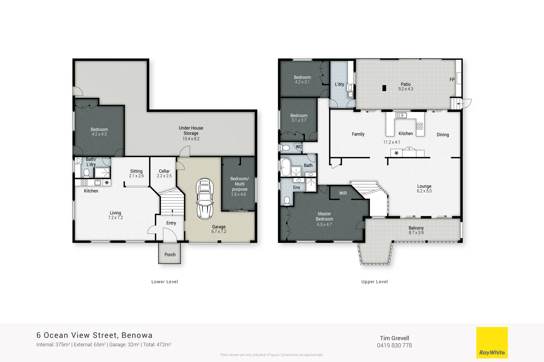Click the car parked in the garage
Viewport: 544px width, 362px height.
pyautogui.click(x=205, y=199)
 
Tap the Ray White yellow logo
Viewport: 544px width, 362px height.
pyautogui.click(x=492, y=343)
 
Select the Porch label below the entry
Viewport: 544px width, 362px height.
pyautogui.click(x=170, y=255)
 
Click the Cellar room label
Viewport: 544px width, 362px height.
pyautogui.click(x=164, y=171)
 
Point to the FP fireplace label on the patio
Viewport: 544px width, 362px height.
pyautogui.click(x=452, y=80)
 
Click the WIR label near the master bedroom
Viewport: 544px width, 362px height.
pyautogui.click(x=343, y=193)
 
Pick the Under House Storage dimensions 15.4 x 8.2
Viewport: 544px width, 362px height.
pyautogui.click(x=191, y=139)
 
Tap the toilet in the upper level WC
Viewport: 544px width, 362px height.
pyautogui.click(x=286, y=147)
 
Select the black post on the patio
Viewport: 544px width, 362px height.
pyautogui.click(x=384, y=88)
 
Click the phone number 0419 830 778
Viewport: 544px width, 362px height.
pyautogui.click(x=394, y=346)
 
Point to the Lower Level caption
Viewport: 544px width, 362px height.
pyautogui.click(x=165, y=282)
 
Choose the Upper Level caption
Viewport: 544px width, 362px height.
pyautogui.click(x=374, y=282)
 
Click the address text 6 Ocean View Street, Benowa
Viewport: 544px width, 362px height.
pyautogui.click(x=94, y=335)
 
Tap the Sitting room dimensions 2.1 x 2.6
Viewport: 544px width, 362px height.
pyautogui.click(x=136, y=176)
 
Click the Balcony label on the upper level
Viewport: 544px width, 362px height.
pyautogui.click(x=416, y=228)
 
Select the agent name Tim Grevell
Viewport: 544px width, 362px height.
pyautogui.click(x=394, y=338)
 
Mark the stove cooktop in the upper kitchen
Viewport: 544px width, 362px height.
pyautogui.click(x=420, y=126)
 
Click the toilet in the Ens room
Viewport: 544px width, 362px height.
pyautogui.click(x=287, y=200)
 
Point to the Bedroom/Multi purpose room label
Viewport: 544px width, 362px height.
pyautogui.click(x=239, y=184)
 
